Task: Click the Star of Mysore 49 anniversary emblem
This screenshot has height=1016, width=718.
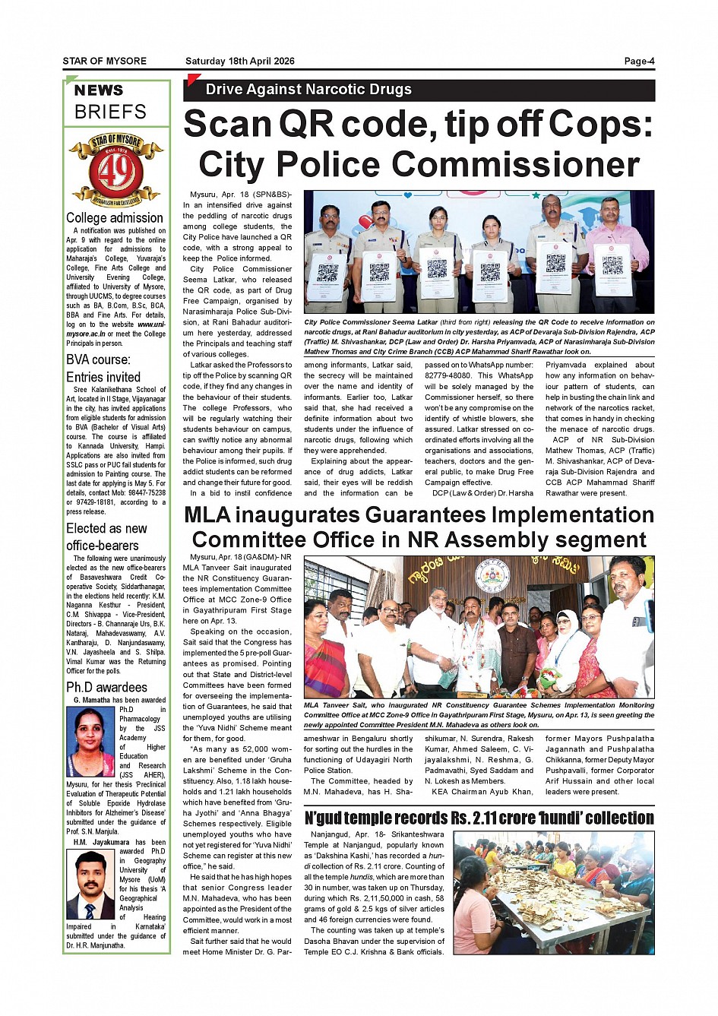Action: (116, 170)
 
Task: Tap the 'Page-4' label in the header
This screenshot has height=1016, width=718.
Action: (639, 62)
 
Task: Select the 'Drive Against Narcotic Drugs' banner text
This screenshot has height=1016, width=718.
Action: (308, 90)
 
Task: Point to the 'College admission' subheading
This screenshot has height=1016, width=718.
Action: (115, 218)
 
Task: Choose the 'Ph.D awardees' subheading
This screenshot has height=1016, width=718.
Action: (106, 687)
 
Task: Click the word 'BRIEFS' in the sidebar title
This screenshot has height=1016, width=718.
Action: (110, 112)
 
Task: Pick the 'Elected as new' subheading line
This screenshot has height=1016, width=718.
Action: (106, 528)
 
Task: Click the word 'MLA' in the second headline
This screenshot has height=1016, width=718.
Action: (207, 516)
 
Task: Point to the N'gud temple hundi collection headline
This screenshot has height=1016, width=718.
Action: (479, 818)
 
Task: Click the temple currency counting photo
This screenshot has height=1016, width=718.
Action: (553, 893)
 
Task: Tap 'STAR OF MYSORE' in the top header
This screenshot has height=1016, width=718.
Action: (105, 62)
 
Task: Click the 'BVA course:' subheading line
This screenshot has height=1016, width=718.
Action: (98, 359)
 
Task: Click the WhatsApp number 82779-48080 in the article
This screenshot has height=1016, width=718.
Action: (448, 376)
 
